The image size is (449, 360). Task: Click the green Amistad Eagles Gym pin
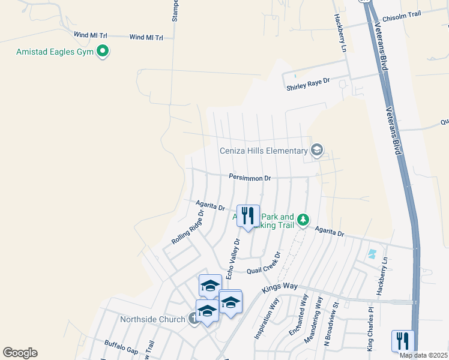point(103,52)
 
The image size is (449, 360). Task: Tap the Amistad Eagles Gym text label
point(56,52)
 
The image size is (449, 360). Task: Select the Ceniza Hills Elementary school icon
point(317,150)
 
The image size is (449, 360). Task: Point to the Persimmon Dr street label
point(250,178)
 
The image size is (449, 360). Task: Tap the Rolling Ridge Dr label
point(187,226)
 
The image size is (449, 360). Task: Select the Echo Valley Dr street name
point(233,259)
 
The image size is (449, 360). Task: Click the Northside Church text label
point(152,319)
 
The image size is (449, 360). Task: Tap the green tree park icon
point(304,220)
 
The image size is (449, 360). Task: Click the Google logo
point(20,353)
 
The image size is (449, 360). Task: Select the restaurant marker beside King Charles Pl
point(402,341)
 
